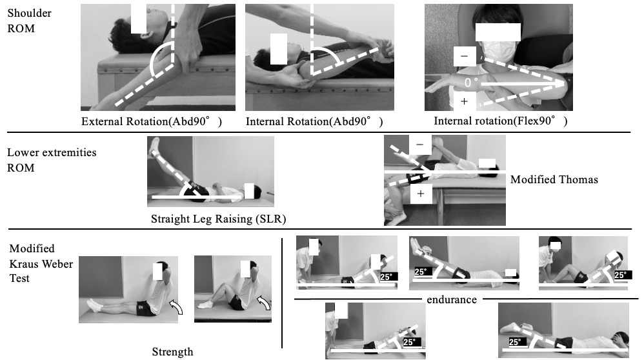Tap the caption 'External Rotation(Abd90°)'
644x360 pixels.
(152, 121)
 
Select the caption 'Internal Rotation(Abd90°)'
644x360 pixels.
(314, 121)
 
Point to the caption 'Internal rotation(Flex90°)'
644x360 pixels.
(501, 121)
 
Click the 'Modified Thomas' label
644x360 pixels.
(554, 179)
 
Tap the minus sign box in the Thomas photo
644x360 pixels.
(419, 146)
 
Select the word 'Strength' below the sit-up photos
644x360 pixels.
(172, 352)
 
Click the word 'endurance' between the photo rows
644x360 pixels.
(451, 299)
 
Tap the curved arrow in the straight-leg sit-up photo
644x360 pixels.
(176, 307)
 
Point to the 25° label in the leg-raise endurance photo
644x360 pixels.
(422, 272)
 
